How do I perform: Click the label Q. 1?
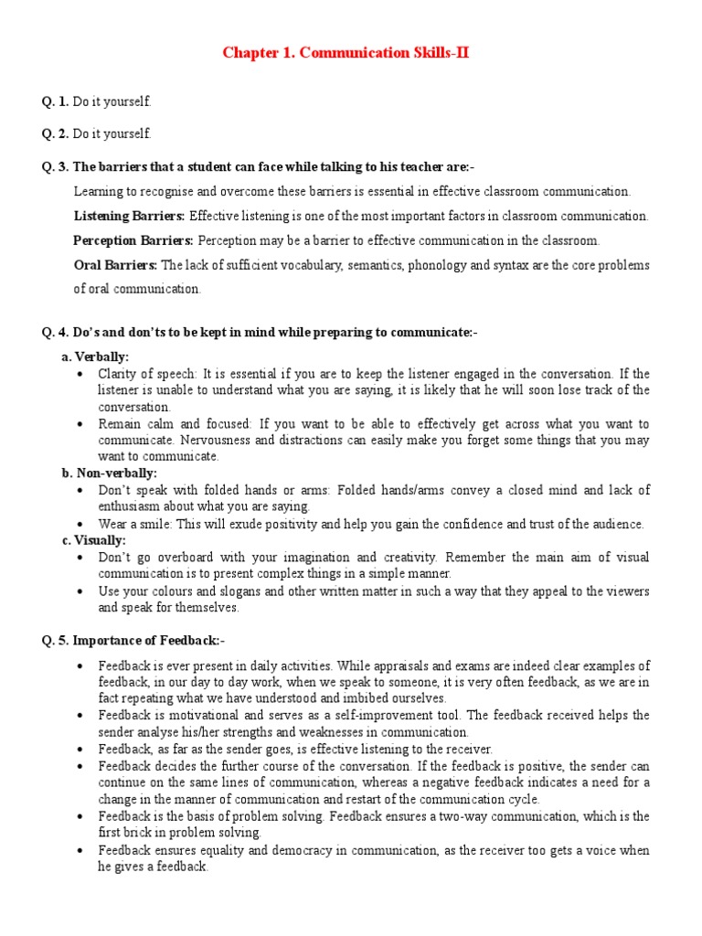click(x=56, y=101)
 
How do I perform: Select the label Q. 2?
click(x=56, y=134)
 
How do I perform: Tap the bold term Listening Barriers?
click(x=129, y=217)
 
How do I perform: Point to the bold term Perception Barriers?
click(x=133, y=240)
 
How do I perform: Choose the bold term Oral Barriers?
click(x=115, y=265)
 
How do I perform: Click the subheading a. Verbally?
click(x=95, y=356)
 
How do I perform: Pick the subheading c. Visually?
click(x=93, y=540)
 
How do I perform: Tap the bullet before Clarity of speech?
click(x=82, y=374)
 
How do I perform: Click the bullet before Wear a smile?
click(x=82, y=525)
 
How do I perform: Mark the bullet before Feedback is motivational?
click(x=82, y=716)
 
